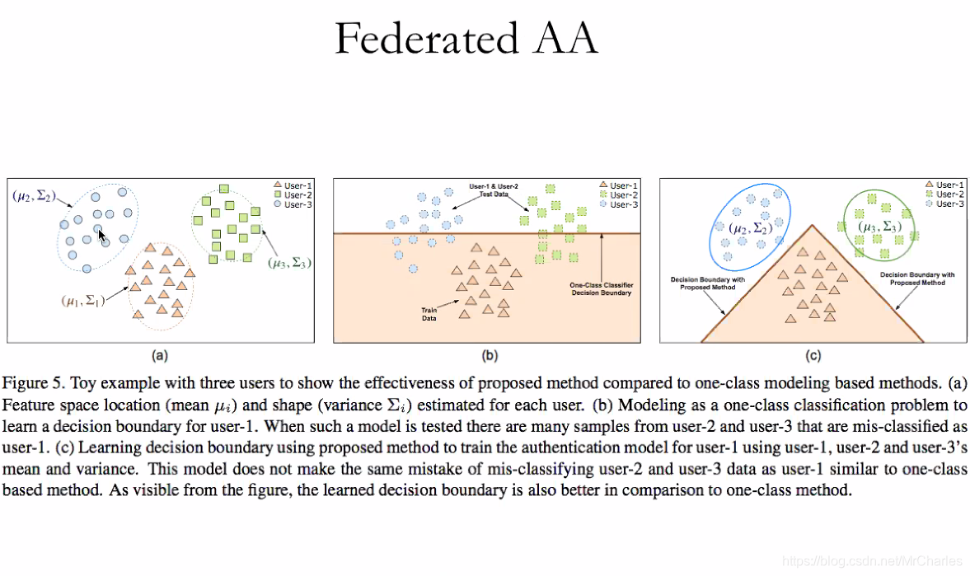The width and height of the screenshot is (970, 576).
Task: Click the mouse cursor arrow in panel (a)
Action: [x=101, y=236]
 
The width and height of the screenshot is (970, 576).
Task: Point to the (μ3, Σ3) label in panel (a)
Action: [x=289, y=264]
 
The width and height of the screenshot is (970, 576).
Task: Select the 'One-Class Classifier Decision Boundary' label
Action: [x=601, y=289]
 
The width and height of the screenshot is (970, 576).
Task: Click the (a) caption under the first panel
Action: [x=160, y=356]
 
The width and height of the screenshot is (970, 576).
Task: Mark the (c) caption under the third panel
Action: [x=813, y=356]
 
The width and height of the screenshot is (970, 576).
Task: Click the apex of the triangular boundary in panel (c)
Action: [x=812, y=224]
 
